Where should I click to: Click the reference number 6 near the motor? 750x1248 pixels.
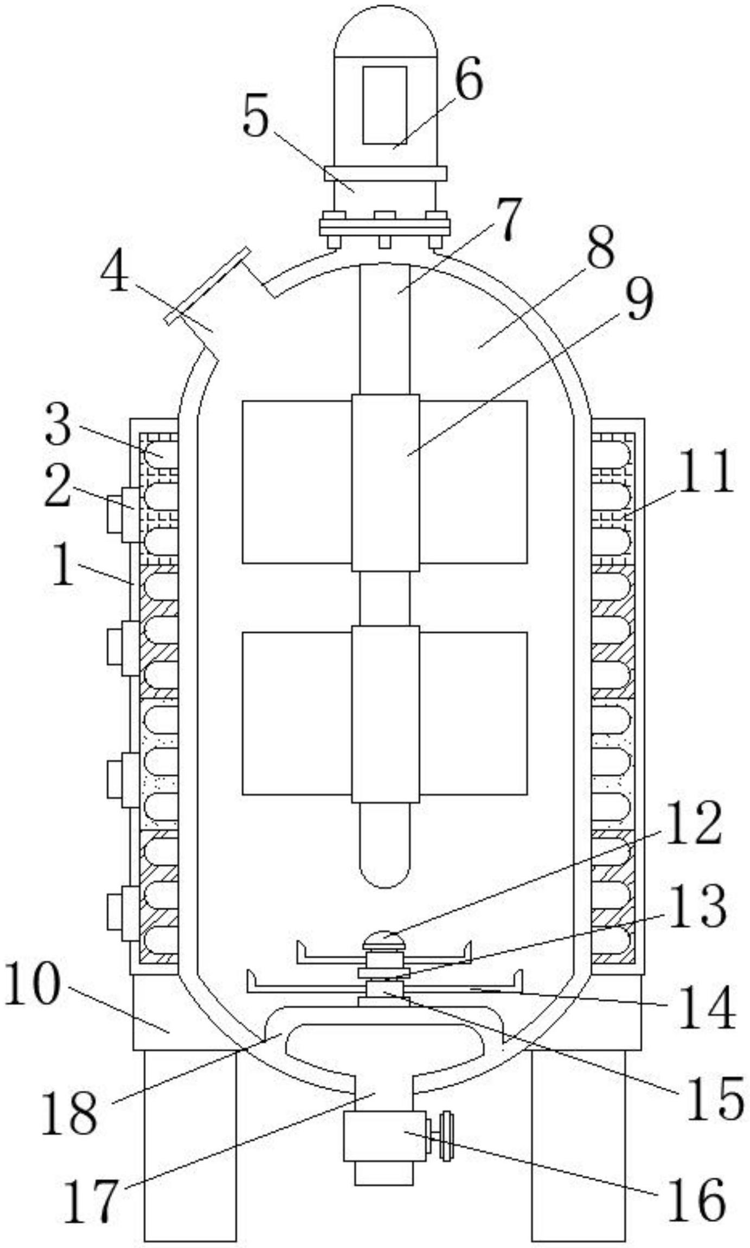[469, 77]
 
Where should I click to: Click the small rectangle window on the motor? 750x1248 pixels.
[384, 105]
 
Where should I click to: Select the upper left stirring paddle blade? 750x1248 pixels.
[297, 482]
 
